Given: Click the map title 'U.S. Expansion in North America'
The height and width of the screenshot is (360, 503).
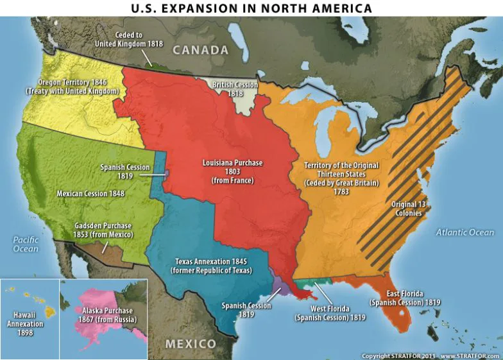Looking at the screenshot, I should (x=251, y=8).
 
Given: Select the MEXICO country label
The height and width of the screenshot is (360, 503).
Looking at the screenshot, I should (x=191, y=344).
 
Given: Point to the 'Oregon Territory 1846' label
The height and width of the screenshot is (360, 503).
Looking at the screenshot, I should (x=72, y=87).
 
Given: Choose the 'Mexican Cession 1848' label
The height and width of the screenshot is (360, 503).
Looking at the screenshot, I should (x=90, y=193).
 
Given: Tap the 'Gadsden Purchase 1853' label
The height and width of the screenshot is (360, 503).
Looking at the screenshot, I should (x=103, y=230).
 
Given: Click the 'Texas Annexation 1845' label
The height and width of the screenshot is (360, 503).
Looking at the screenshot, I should (x=211, y=266).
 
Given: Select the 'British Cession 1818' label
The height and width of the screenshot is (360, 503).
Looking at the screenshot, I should (x=235, y=89).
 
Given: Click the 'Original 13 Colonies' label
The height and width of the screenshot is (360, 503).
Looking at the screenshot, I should (x=407, y=209).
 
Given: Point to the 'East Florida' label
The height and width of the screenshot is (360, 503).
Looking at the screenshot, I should (x=396, y=297).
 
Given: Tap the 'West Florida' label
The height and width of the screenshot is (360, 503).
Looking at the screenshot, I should (x=330, y=313).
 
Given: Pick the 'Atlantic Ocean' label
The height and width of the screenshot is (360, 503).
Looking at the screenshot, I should (x=465, y=232).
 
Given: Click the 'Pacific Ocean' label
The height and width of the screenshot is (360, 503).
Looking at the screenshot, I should (x=26, y=244).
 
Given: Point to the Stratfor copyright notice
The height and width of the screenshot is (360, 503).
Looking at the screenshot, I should (x=430, y=356).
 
